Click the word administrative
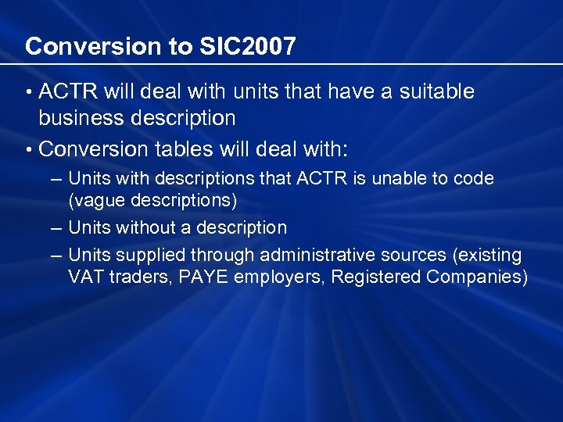click(322, 256)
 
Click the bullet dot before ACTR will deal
click(28, 93)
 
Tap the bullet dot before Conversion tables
click(28, 148)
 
